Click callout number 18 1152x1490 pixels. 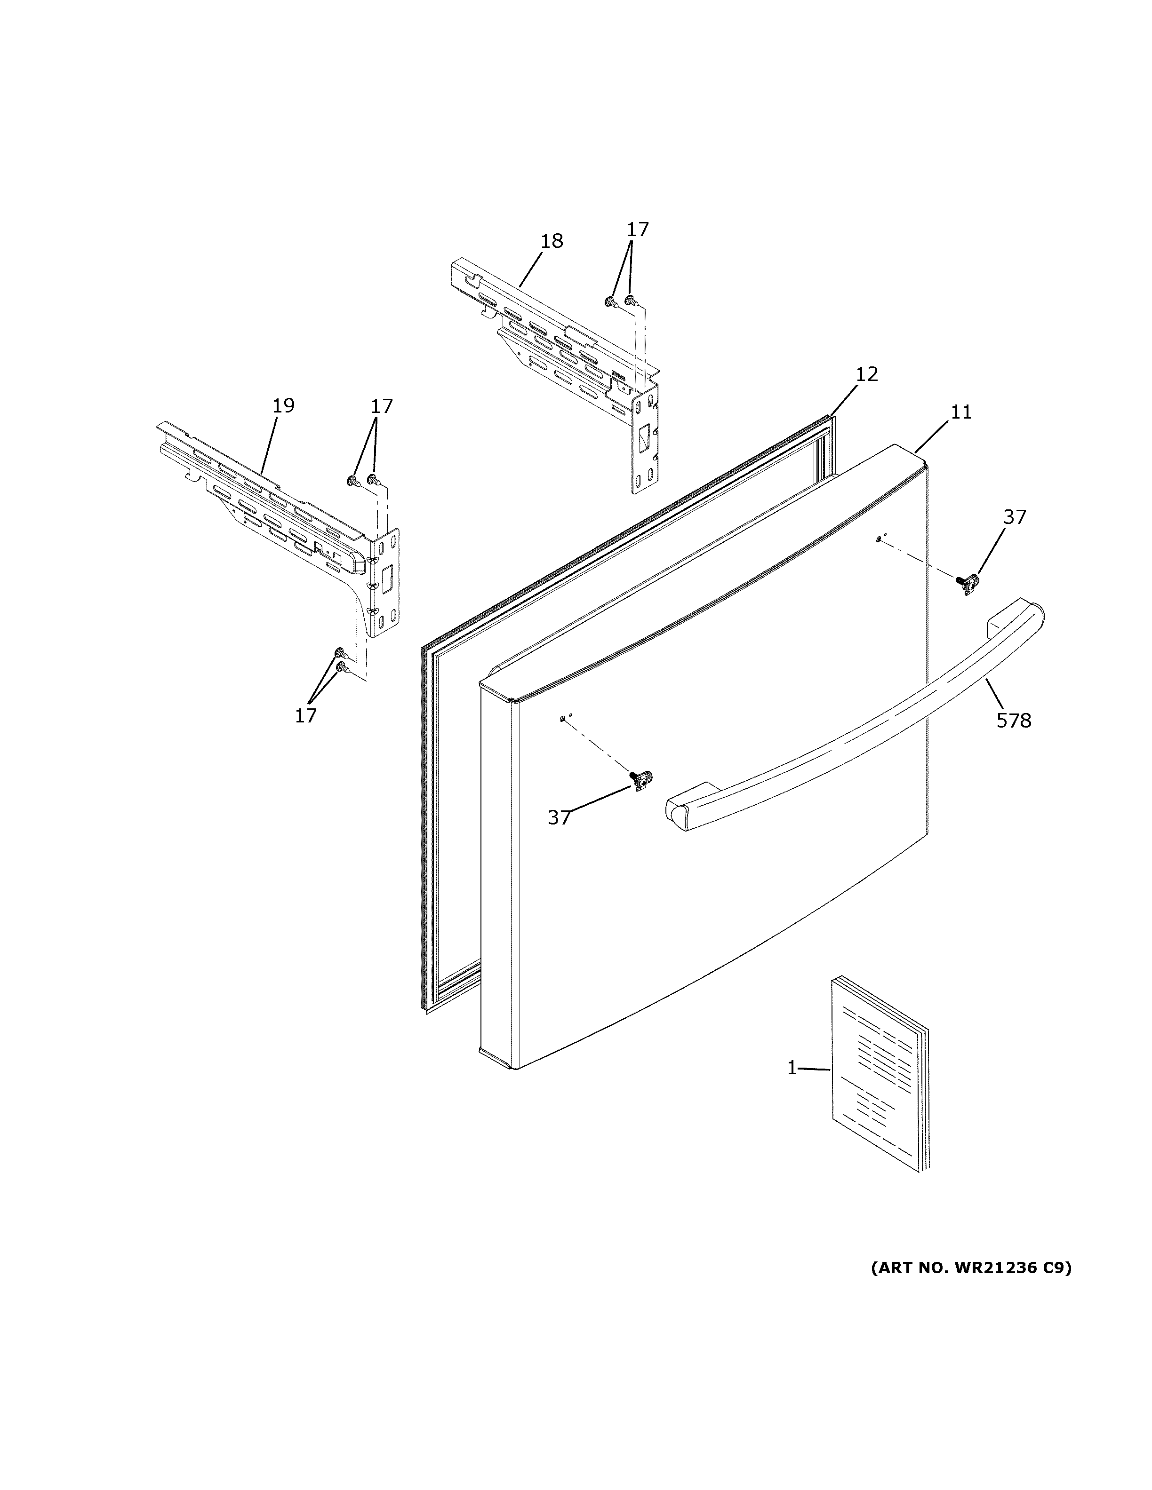(x=552, y=241)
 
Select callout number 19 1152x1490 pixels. (x=283, y=406)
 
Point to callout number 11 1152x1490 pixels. (x=961, y=412)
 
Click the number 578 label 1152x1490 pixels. (x=1014, y=721)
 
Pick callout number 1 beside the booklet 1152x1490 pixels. (x=792, y=1068)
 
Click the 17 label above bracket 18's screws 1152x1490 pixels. (x=638, y=229)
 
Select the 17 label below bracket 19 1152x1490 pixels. (x=306, y=716)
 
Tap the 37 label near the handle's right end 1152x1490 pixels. (x=1014, y=518)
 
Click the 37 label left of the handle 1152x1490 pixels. (x=559, y=817)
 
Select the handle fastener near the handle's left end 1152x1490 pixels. (x=641, y=779)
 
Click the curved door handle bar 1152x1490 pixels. (x=853, y=737)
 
